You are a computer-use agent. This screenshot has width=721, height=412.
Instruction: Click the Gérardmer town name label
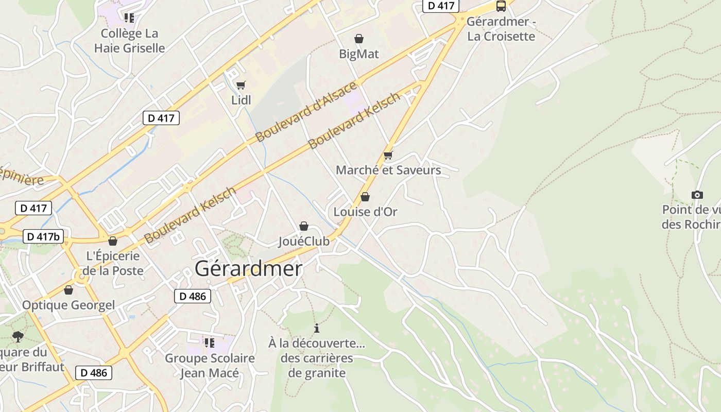tap(248, 269)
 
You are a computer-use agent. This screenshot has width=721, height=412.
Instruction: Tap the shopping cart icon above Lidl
tap(241, 85)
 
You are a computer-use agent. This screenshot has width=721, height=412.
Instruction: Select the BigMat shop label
tap(358, 54)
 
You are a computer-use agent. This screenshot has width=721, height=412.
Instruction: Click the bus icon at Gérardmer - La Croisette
tap(501, 6)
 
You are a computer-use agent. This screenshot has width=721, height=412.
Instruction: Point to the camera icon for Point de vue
tap(697, 195)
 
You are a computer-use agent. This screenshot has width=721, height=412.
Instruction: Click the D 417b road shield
tap(44, 237)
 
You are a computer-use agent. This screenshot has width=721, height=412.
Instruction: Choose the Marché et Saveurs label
tap(388, 170)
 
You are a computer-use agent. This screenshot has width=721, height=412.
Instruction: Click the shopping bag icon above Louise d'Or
tap(365, 197)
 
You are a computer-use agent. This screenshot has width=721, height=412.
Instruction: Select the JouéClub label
tap(304, 242)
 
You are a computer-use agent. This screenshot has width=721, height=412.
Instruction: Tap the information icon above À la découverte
tap(317, 328)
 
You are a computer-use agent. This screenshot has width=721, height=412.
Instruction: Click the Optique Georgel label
tap(68, 305)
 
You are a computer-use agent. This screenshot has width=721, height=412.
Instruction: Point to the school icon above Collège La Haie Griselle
tap(129, 18)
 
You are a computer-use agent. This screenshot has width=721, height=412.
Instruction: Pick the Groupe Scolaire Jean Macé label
tap(210, 366)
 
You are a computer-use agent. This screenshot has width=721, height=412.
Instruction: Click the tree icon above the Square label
tap(18, 337)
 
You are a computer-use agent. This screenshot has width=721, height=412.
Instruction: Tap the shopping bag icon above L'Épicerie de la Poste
tap(113, 241)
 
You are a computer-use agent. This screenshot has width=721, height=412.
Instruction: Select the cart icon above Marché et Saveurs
tap(388, 155)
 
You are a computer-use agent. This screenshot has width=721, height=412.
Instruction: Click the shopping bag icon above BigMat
tap(358, 39)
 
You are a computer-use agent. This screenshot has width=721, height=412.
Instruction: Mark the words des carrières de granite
tap(317, 366)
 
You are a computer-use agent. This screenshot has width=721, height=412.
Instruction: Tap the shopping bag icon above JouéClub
tap(304, 226)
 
